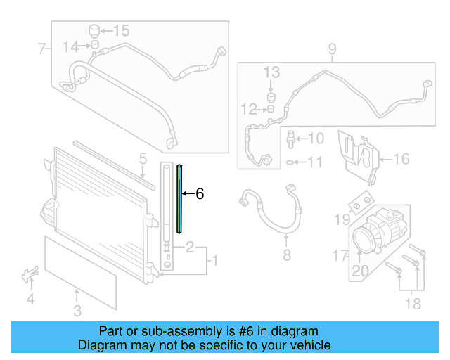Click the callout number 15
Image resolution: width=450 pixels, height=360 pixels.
[122, 30]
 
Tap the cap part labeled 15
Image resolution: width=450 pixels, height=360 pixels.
[91, 31]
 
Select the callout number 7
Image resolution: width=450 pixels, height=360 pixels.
[41, 49]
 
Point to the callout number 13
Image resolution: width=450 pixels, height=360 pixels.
[271, 72]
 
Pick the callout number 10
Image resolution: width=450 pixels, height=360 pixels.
[316, 139]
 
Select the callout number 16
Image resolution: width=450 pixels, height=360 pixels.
[400, 160]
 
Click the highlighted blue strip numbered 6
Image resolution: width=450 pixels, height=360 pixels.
[179, 197]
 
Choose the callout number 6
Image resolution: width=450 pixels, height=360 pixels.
[200, 194]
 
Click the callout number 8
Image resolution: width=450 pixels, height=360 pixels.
[286, 255]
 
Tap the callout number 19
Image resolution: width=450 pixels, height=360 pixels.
[341, 220]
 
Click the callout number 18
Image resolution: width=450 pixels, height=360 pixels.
[413, 303]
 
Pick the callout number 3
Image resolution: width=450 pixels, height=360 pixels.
[78, 310]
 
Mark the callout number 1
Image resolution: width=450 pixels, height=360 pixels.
[215, 261]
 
